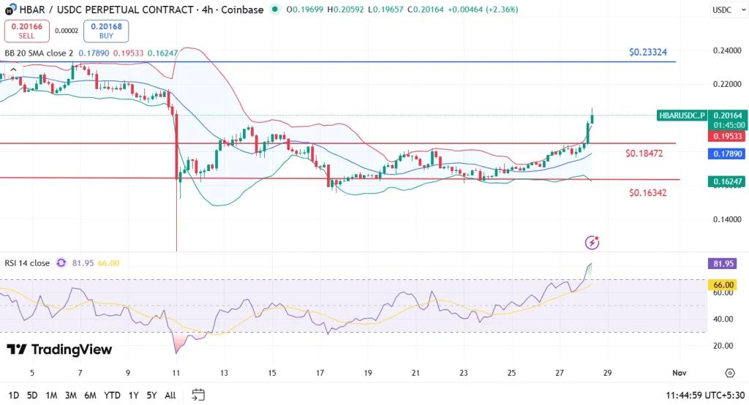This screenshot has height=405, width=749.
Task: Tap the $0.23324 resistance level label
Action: click(x=647, y=53)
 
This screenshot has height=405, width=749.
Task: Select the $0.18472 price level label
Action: click(x=644, y=154)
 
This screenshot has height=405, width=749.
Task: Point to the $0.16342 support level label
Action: click(x=647, y=192)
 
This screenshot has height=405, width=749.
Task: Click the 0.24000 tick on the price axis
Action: click(x=726, y=51)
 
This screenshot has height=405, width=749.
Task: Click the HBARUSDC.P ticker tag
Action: click(x=682, y=116)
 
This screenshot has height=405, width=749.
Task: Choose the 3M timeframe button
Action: click(x=71, y=395)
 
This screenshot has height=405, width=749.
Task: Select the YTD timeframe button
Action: click(x=112, y=395)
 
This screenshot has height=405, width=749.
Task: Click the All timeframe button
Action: click(x=170, y=395)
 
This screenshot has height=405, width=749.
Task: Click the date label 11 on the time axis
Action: click(x=176, y=373)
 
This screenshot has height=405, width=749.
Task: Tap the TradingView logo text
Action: click(x=59, y=349)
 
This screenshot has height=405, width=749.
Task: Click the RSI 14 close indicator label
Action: click(x=27, y=263)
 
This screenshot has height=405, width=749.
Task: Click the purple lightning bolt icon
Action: click(x=593, y=241)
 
